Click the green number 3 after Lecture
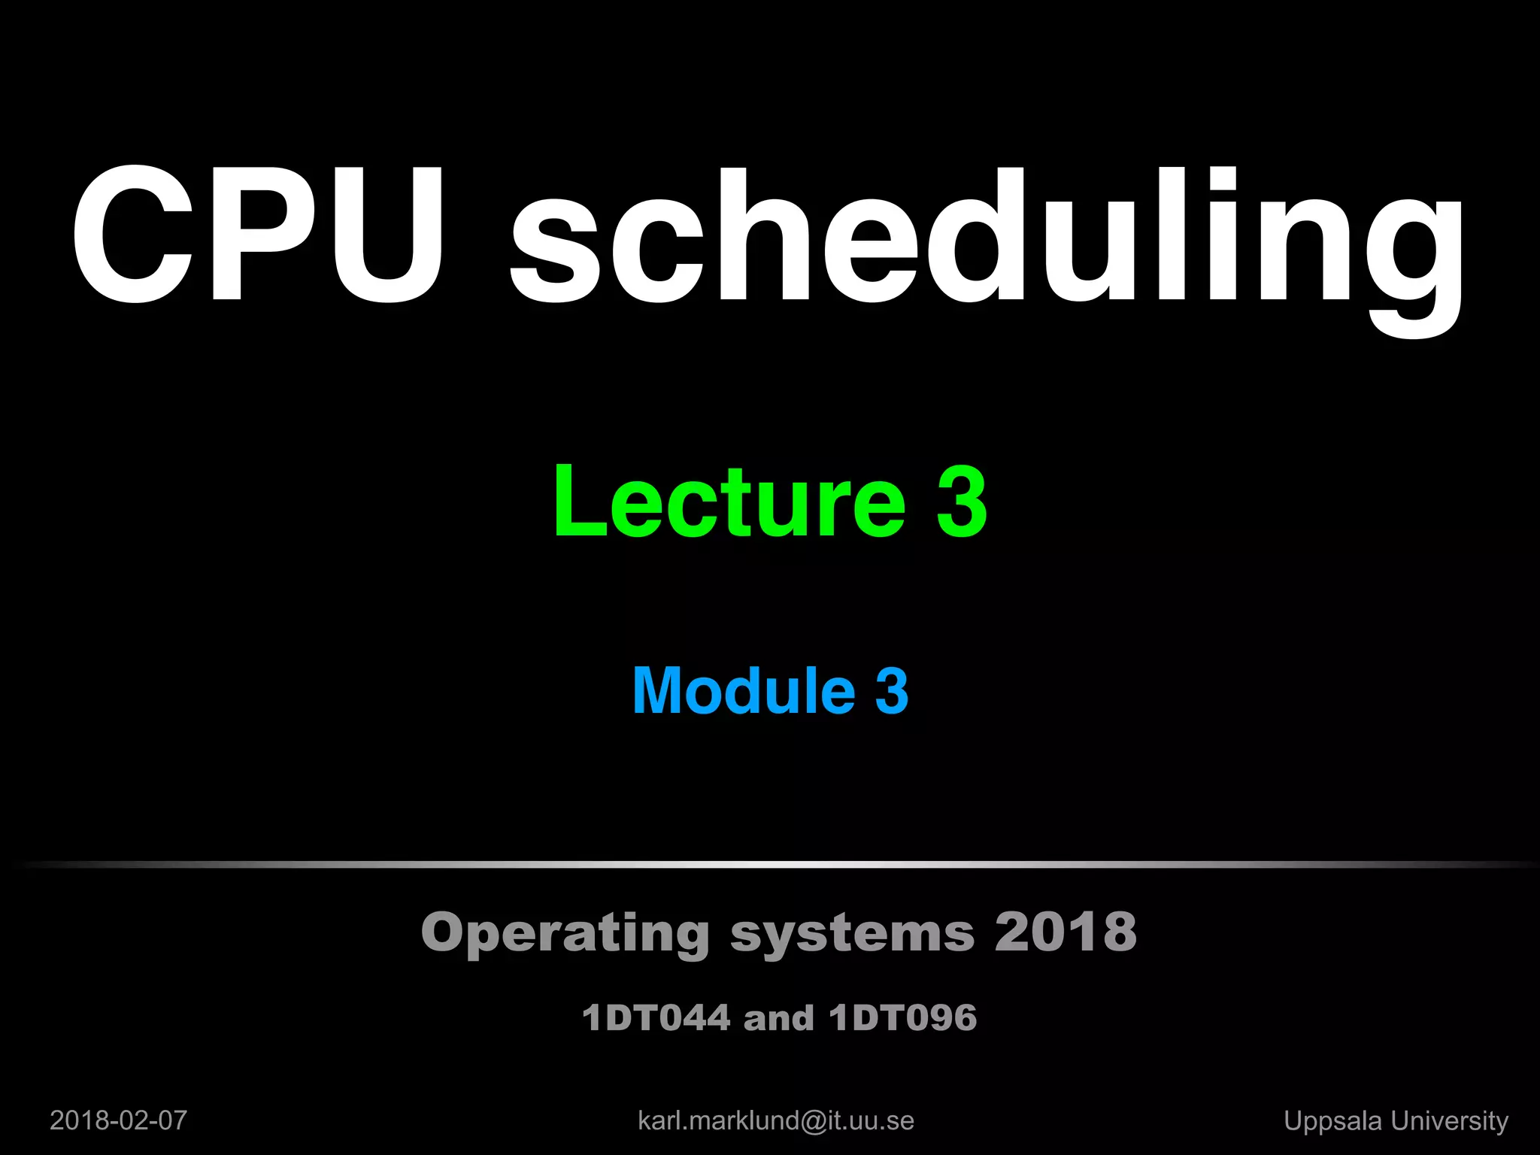[961, 502]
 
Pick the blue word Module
[744, 690]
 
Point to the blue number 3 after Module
[892, 690]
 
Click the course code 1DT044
[656, 1018]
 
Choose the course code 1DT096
[902, 1018]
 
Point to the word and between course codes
[778, 1018]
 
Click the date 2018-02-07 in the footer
[118, 1120]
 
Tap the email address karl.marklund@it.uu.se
[775, 1120]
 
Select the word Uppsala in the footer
[1332, 1121]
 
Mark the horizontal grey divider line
[770, 865]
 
